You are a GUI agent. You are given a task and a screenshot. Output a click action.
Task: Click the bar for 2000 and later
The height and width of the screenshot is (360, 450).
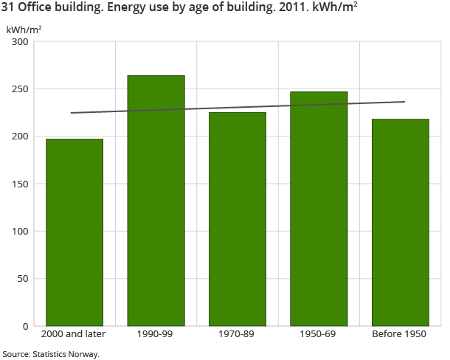tap(75, 232)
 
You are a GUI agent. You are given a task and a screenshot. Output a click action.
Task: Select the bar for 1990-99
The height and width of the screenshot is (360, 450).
tap(156, 201)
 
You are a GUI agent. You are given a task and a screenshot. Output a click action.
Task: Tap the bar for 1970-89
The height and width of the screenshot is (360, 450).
tap(238, 219)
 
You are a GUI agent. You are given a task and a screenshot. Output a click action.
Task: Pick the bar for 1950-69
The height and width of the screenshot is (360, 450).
tap(319, 209)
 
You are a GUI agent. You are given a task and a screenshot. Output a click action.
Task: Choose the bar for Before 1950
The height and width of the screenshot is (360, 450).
tap(400, 222)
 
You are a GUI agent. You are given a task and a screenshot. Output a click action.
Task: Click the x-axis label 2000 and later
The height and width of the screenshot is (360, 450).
tap(75, 334)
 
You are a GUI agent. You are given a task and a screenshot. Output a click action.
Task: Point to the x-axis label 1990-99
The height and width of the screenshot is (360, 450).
tap(156, 334)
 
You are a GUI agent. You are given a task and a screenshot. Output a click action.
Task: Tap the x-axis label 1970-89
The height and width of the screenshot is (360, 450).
tap(238, 334)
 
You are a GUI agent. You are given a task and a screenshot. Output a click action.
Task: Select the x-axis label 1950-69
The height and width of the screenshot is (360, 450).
tap(319, 334)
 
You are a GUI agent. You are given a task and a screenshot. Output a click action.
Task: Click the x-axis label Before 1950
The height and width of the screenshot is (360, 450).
tap(400, 334)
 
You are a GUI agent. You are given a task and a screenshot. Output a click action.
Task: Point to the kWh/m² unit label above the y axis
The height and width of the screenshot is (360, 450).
tap(24, 29)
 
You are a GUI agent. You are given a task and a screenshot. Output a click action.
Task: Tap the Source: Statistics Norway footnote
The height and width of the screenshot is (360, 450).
tap(50, 353)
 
